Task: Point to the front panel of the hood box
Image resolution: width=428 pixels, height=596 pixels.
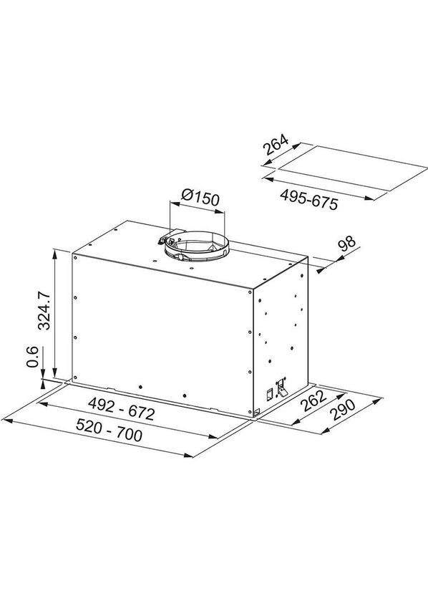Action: (161, 330)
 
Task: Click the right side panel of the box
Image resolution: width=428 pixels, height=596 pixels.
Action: (279, 337)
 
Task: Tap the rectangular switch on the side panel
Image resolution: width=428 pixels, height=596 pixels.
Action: (268, 393)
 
